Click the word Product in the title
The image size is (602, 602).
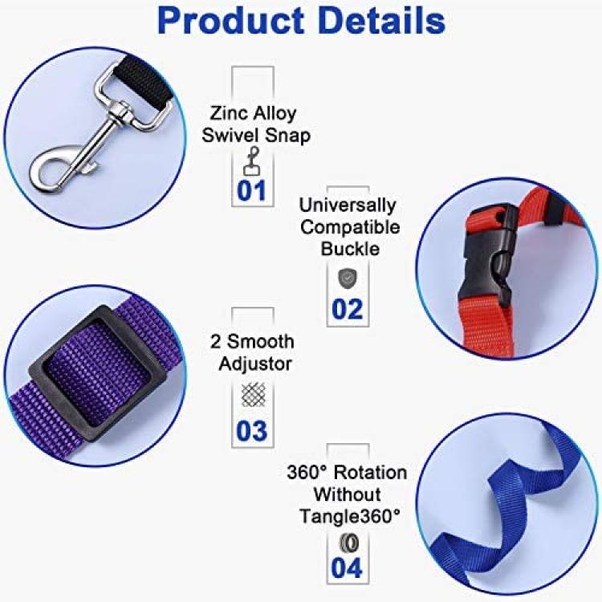pos(231,22)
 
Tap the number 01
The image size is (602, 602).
pos(251,190)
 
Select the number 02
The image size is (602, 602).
pos(347,309)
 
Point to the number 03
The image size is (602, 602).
pos(251,430)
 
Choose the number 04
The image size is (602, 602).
pos(347,567)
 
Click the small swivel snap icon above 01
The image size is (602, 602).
pos(252,161)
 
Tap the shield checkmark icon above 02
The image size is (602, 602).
pos(347,278)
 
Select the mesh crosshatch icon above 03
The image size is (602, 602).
pos(253,395)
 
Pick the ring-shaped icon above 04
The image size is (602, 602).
pos(349,543)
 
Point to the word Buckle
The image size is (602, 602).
pos(350,249)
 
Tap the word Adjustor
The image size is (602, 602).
pos(255,364)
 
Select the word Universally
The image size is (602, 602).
pos(347,205)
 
